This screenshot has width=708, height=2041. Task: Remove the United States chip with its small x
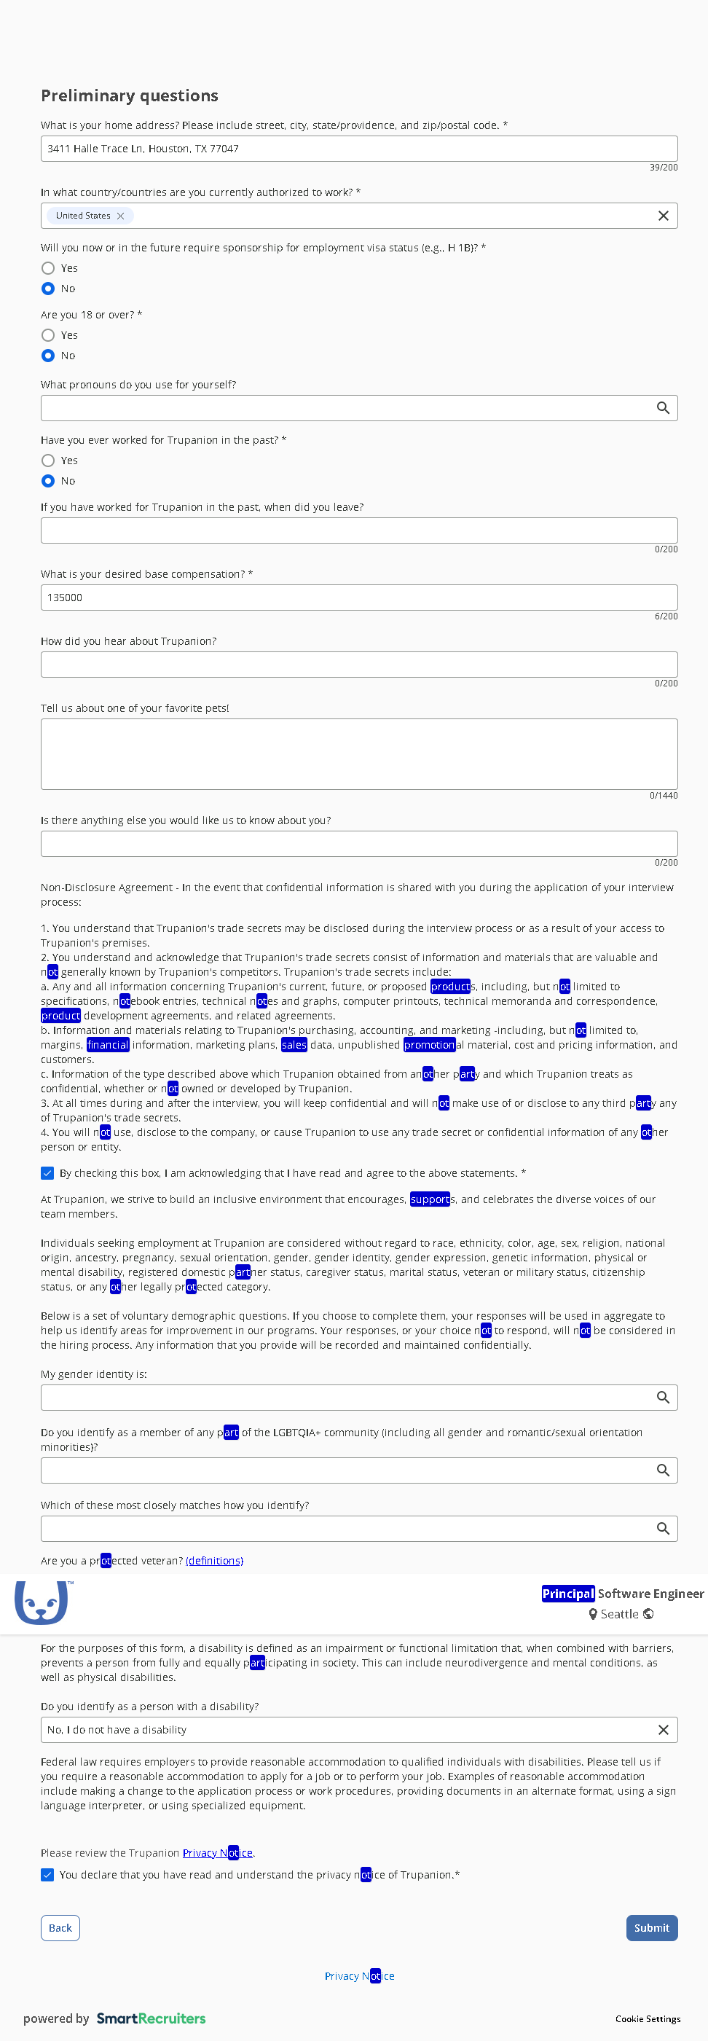120,216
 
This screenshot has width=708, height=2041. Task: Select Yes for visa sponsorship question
48,268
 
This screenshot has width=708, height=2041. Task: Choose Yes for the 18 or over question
48,335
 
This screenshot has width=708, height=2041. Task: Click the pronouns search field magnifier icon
663,408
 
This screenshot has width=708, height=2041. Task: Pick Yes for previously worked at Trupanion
48,461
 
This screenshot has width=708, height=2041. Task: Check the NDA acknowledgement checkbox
47,1172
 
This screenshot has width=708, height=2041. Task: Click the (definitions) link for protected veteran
214,1561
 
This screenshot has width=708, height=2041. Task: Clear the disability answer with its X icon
663,1730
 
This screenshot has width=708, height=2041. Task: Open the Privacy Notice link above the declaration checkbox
218,1852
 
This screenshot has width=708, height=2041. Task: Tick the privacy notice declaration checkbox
47,1875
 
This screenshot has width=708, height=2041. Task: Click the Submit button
651,1928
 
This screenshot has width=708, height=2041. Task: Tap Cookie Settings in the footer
647,2019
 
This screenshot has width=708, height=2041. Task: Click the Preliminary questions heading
129,96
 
